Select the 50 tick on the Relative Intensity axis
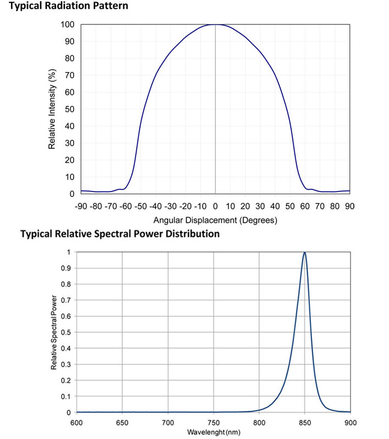tap(70, 109)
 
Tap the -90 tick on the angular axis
tap(80, 206)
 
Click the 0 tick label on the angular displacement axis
tap(215, 206)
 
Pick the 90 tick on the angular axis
tap(349, 206)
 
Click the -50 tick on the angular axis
tap(140, 206)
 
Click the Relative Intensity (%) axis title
tap(52, 109)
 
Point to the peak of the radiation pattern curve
tap(215, 24)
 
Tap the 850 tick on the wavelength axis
tap(305, 423)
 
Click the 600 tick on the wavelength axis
tap(76, 423)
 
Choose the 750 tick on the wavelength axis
tap(214, 423)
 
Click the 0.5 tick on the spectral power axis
tap(65, 333)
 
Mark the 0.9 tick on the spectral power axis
tap(65, 268)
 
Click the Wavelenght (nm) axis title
tap(214, 432)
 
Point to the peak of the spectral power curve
tap(304, 252)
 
